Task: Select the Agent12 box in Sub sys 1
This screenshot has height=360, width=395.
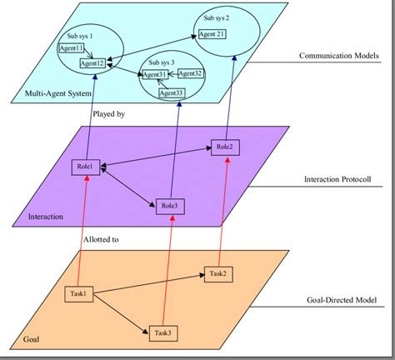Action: tap(92, 63)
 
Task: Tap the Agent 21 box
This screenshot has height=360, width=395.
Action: tap(212, 34)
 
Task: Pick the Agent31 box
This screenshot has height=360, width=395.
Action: tap(156, 75)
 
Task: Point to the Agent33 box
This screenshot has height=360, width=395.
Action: tap(172, 92)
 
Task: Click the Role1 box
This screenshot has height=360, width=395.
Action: tap(86, 166)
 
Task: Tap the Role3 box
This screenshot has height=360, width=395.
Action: tap(169, 206)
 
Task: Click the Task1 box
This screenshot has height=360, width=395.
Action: tap(78, 292)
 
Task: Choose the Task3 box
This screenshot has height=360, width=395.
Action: tap(163, 333)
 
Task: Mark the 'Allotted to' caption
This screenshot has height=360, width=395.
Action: tap(102, 239)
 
